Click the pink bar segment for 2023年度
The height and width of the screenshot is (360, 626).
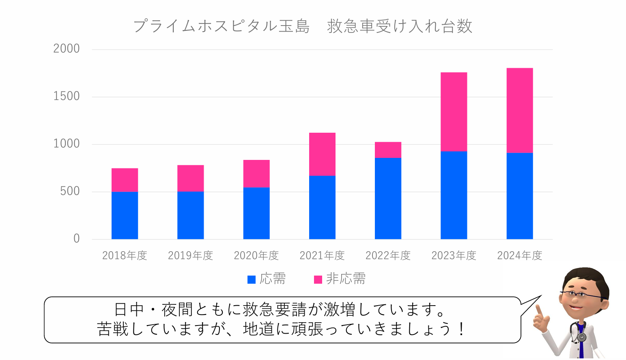pos(454,112)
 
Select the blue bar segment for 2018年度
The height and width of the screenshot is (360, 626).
pos(125,215)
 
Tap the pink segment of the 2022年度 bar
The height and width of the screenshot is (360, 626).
pos(388,150)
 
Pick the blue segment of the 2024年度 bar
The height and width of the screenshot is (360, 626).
pos(519,196)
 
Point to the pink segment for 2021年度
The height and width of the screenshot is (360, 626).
pos(322,154)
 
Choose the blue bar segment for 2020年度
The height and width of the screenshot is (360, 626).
pos(256,213)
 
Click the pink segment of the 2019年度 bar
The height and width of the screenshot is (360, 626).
pos(190,178)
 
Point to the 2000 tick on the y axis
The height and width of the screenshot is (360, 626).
pos(67,49)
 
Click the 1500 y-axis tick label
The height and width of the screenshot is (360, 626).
pos(67,96)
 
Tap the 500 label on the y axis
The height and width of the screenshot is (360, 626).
pos(70,191)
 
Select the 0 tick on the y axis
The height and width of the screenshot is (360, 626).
pos(76,239)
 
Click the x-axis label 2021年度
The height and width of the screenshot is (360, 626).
pos(322,255)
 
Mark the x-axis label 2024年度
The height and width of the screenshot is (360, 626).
pos(520,255)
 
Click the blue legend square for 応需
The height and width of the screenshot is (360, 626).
pos(252,279)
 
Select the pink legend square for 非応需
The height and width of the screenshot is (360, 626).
pos(318,279)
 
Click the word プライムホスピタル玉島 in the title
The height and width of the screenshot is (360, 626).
pos(222,26)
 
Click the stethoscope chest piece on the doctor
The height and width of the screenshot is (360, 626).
pos(582,337)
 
